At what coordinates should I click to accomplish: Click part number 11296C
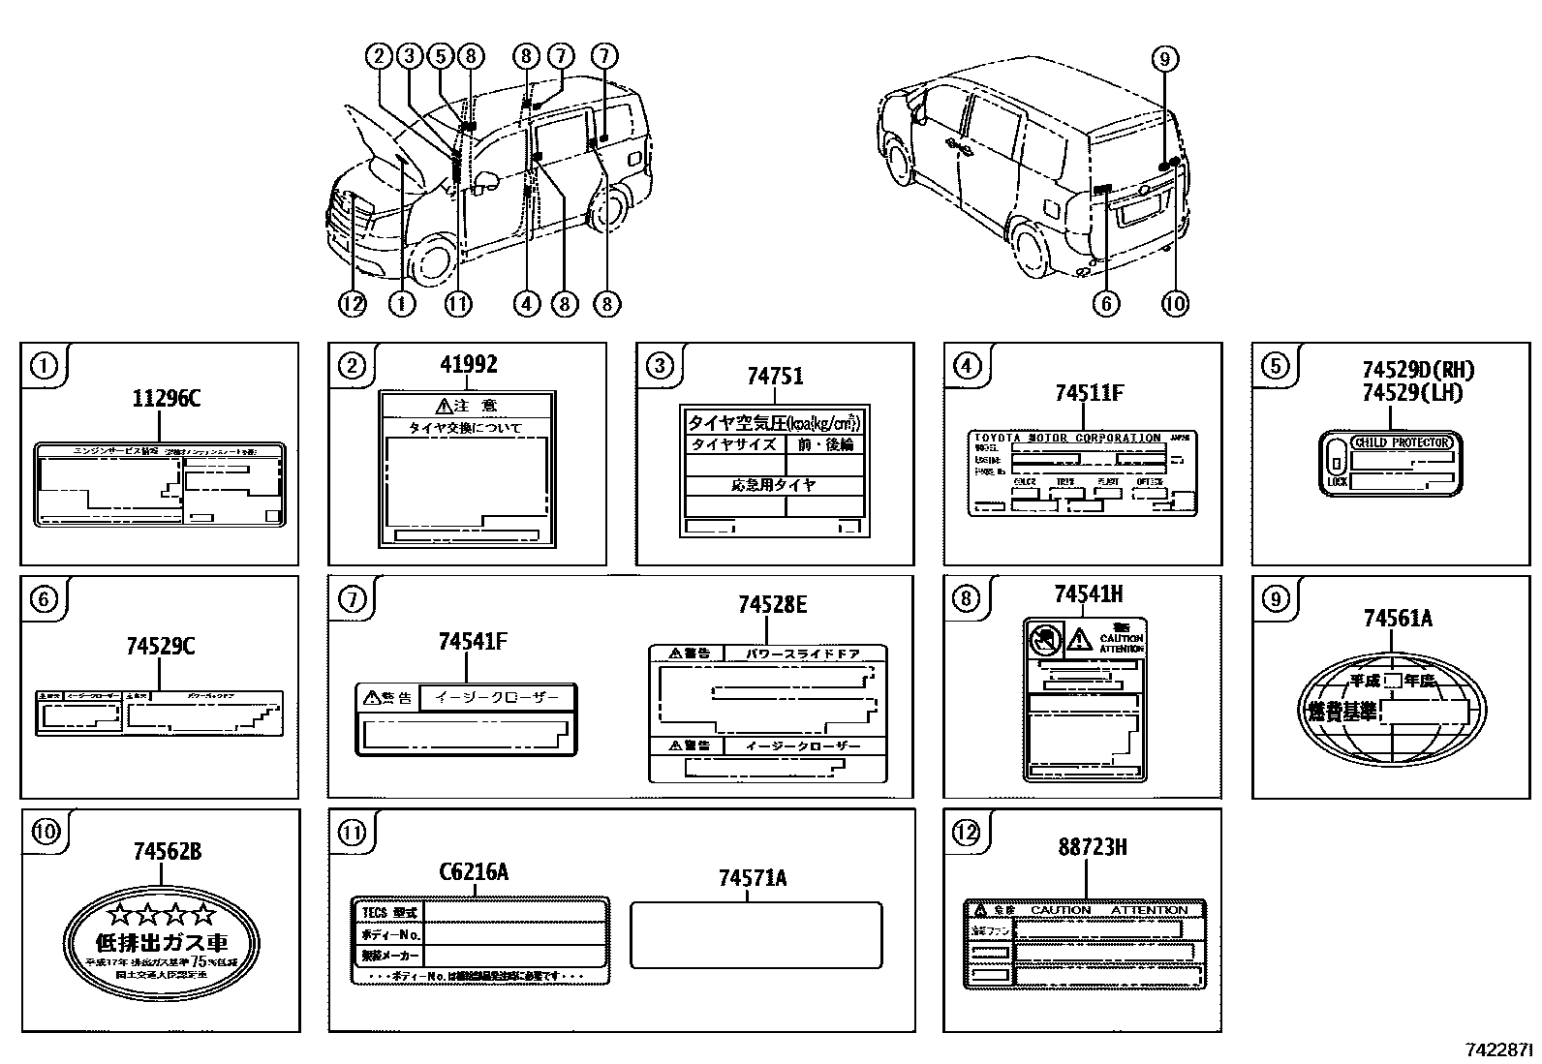click(166, 398)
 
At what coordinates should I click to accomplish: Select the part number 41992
click(469, 364)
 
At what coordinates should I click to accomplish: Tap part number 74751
click(775, 376)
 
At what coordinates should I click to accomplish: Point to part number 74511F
click(1089, 392)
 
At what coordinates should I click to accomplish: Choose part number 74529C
click(160, 646)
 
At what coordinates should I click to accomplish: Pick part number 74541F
click(473, 641)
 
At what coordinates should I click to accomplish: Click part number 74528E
click(772, 604)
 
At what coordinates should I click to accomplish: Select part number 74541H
click(1089, 594)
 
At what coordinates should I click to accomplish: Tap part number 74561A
click(1397, 618)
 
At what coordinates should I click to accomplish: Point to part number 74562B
click(168, 851)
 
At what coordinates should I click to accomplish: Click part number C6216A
click(474, 872)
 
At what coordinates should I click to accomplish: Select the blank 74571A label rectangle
click(756, 935)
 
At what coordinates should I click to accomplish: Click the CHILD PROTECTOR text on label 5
click(1403, 442)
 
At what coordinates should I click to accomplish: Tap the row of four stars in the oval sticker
click(162, 913)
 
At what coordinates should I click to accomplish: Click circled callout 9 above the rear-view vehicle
click(1165, 59)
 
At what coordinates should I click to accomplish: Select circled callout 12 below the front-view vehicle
click(353, 304)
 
